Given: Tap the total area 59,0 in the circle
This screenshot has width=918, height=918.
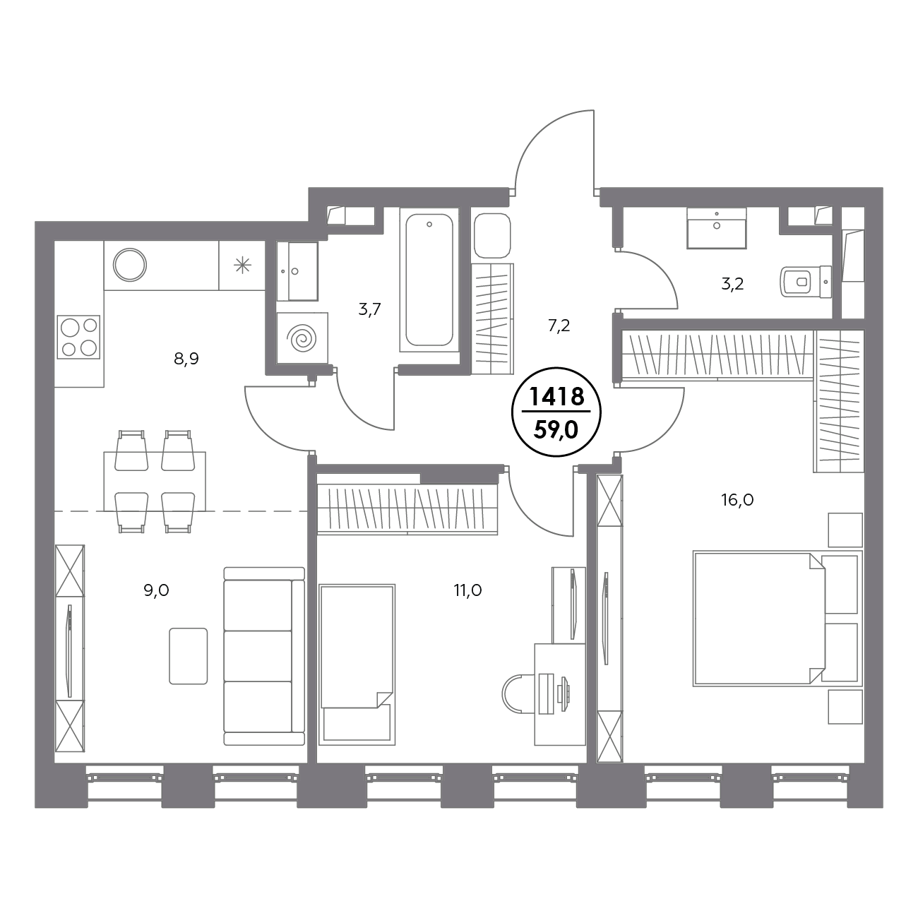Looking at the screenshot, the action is pos(556,430).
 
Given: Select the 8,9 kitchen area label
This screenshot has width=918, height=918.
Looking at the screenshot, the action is pos(186,359).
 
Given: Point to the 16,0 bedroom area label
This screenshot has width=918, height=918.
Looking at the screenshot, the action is pos(737,500).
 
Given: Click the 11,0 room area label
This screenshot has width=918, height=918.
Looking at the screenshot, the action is pos(467,591).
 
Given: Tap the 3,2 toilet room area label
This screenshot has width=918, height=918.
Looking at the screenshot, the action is pos(732,285).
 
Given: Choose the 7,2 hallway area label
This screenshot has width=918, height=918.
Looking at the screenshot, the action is pos(559,326).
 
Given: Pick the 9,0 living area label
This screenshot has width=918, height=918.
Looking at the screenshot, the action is pos(156,591).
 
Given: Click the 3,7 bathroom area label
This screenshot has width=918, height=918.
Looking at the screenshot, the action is pos(370,310).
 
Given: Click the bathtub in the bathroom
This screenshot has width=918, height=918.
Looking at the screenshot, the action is pos(429,280).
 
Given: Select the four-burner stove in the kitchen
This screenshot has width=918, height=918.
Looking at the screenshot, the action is pos(78,337).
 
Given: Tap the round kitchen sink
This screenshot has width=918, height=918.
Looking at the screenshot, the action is pos(129,265).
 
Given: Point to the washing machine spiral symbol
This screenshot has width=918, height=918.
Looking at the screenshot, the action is pos(302,339).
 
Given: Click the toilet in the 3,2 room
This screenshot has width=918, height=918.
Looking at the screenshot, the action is pos(806,282).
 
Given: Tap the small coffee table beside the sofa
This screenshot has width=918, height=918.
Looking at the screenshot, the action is pos(188,656).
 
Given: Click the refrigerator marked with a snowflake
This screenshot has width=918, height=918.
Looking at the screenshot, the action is pos(242,265).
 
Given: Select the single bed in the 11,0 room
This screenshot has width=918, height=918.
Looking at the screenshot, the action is pos(357,664).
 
